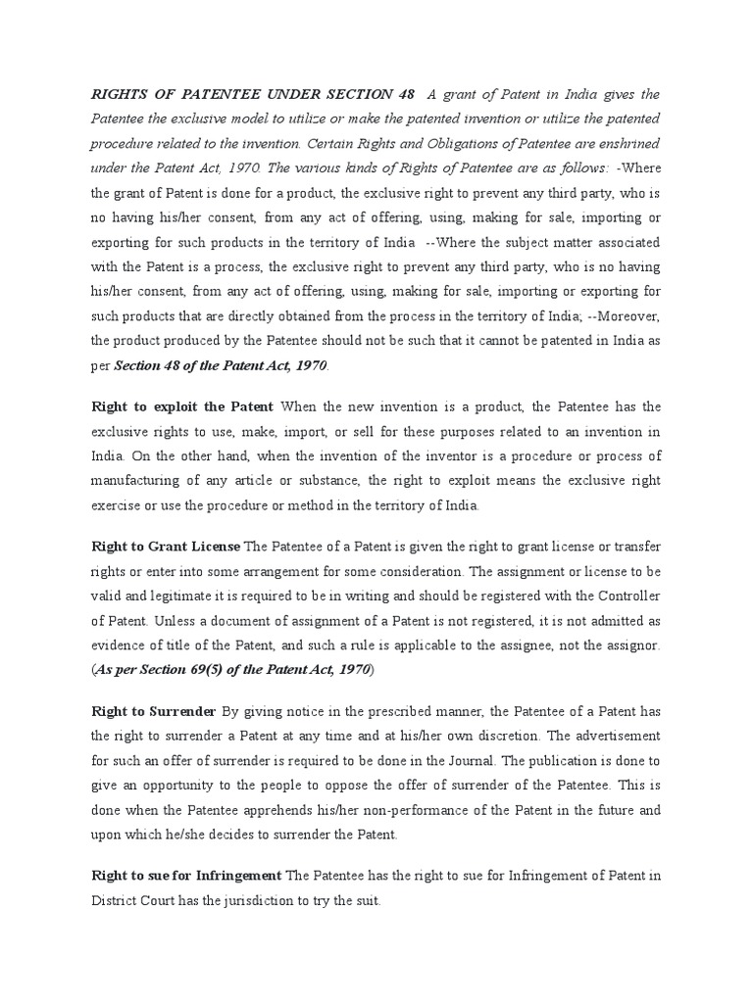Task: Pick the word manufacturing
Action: [141, 481]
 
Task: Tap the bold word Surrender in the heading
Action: [182, 710]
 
